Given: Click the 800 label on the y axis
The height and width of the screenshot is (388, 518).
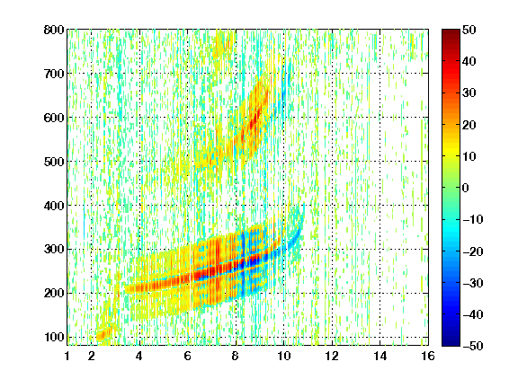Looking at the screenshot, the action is (x=54, y=30).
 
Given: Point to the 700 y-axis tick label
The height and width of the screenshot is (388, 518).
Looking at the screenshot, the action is (x=54, y=74).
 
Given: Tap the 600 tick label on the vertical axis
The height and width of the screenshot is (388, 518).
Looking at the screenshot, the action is (x=54, y=118).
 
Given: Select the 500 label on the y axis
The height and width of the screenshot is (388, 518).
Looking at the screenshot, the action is (x=54, y=162).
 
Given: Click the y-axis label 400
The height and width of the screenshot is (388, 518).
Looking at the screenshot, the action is (x=54, y=206).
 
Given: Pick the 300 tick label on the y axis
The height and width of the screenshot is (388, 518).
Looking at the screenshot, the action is (x=54, y=250).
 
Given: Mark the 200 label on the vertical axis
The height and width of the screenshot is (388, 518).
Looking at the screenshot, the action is (x=54, y=294).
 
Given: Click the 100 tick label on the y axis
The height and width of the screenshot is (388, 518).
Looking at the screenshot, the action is (x=54, y=337).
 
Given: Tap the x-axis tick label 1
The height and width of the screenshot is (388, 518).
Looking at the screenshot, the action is (x=67, y=357).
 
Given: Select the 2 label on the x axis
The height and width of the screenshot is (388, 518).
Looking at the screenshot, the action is (x=91, y=357).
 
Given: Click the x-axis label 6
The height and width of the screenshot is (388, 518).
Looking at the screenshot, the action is (x=188, y=357).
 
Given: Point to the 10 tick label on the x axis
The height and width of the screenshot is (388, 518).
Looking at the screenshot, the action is (x=283, y=357).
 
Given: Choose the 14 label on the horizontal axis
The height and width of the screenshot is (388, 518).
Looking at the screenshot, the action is (x=380, y=357).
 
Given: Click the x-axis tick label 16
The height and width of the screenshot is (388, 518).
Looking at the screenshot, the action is (x=428, y=357).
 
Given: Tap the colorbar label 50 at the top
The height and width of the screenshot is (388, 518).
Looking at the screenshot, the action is (x=469, y=30).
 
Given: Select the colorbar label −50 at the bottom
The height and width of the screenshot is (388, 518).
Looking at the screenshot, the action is (x=473, y=346).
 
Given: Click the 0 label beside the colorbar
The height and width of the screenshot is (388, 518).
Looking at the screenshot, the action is (x=465, y=188).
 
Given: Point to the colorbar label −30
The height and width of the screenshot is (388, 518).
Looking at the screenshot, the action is (x=473, y=283).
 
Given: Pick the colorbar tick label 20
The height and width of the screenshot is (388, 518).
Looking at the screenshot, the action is (x=469, y=125).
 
